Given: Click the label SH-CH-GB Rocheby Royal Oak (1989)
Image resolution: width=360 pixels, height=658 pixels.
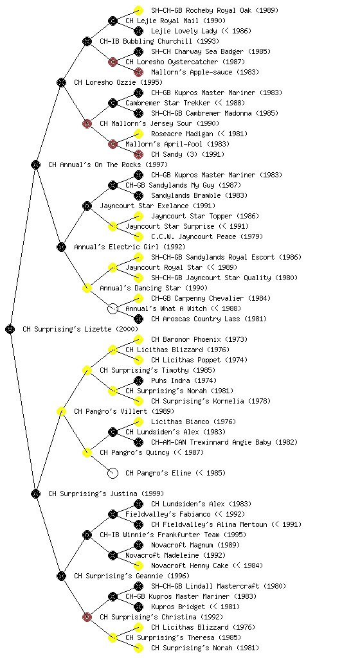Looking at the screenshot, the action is (x=215, y=10).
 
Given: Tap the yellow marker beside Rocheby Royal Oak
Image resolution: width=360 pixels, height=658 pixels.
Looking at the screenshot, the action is (x=138, y=10).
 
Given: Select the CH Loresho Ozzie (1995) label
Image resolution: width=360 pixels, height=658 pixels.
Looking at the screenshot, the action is (x=118, y=82).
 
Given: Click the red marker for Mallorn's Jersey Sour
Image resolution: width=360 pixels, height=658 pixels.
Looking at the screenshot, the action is (x=87, y=123).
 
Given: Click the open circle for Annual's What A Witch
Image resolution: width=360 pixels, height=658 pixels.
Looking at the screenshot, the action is (x=113, y=308).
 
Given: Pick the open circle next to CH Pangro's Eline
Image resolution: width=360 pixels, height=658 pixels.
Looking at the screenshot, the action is (x=113, y=473).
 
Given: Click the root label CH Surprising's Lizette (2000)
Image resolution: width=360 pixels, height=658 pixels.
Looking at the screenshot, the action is (x=80, y=329).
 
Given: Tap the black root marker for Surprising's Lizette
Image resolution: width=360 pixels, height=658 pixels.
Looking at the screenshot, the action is (x=10, y=329).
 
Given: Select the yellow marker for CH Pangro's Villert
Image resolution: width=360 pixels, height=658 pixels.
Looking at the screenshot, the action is (x=61, y=411).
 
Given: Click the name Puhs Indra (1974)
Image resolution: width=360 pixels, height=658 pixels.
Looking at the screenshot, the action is (x=184, y=380).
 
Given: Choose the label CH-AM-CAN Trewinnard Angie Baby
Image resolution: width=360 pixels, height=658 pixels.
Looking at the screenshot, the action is (x=224, y=442).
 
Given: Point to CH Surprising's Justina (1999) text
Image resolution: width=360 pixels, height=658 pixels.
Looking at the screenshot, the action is (x=106, y=493).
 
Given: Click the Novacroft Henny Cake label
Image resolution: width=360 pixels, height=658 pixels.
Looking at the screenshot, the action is (x=207, y=565).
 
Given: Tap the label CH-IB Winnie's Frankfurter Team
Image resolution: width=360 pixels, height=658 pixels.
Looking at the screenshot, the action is (x=173, y=535).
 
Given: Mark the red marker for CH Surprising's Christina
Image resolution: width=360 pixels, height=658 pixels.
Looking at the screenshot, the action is (x=87, y=617).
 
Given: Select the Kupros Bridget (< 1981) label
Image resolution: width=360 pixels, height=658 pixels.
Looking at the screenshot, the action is (x=195, y=607).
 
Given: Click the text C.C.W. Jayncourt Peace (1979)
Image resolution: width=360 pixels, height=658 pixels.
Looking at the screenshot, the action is (x=207, y=236).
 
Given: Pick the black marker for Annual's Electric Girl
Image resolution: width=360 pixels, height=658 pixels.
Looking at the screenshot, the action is (x=61, y=247).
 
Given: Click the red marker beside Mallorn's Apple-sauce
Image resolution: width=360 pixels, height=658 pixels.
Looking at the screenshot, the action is (x=138, y=72).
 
